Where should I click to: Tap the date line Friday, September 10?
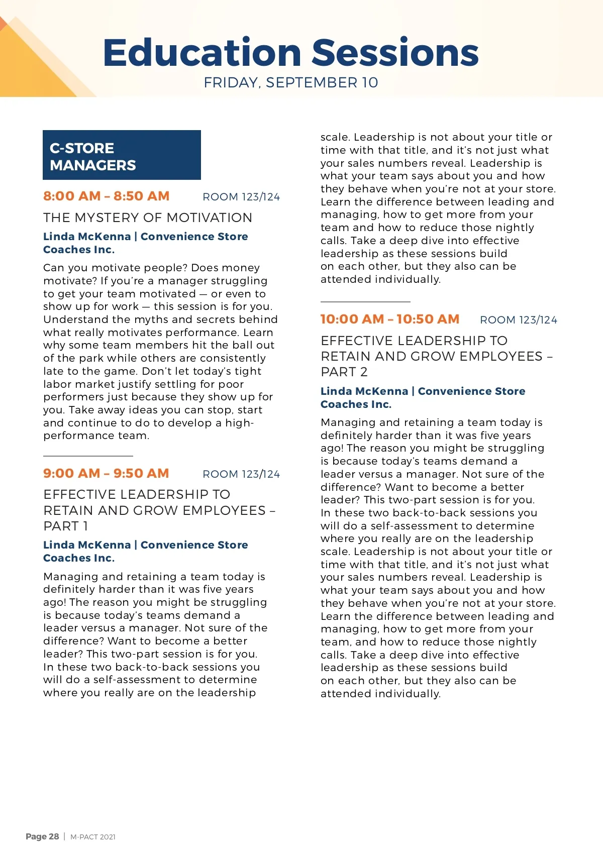290,82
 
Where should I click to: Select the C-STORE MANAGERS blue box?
122,155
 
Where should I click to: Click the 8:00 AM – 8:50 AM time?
106,196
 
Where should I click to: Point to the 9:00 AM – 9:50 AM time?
106,473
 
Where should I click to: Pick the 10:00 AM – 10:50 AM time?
390,319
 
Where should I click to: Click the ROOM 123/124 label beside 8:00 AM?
241,197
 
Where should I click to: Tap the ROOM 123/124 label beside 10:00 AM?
519,320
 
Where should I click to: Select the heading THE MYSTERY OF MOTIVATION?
148,218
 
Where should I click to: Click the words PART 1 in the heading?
66,526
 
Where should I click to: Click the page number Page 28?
42,836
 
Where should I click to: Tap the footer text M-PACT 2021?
93,837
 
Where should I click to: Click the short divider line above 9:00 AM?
88,456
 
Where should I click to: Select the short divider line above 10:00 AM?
365,301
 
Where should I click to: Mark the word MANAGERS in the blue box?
93,165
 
